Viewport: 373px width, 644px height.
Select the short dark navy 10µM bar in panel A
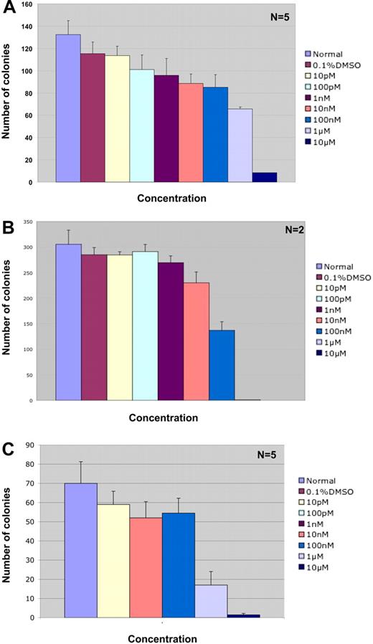264,177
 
